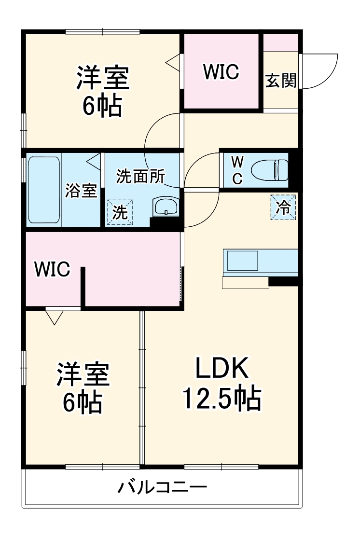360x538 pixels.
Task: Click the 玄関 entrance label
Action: [x=280, y=81]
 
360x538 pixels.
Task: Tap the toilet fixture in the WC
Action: [x=272, y=170]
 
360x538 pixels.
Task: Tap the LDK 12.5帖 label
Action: [x=222, y=384]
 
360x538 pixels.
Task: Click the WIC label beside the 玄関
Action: [x=221, y=72]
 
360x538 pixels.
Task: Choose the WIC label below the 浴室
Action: [x=52, y=270]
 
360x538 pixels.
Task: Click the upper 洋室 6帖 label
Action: [x=102, y=92]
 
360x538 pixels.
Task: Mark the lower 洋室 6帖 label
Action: [x=83, y=388]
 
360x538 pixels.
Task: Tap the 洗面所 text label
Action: [x=140, y=177]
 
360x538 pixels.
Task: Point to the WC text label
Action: [x=237, y=170]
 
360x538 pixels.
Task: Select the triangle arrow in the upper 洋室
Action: [x=173, y=62]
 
